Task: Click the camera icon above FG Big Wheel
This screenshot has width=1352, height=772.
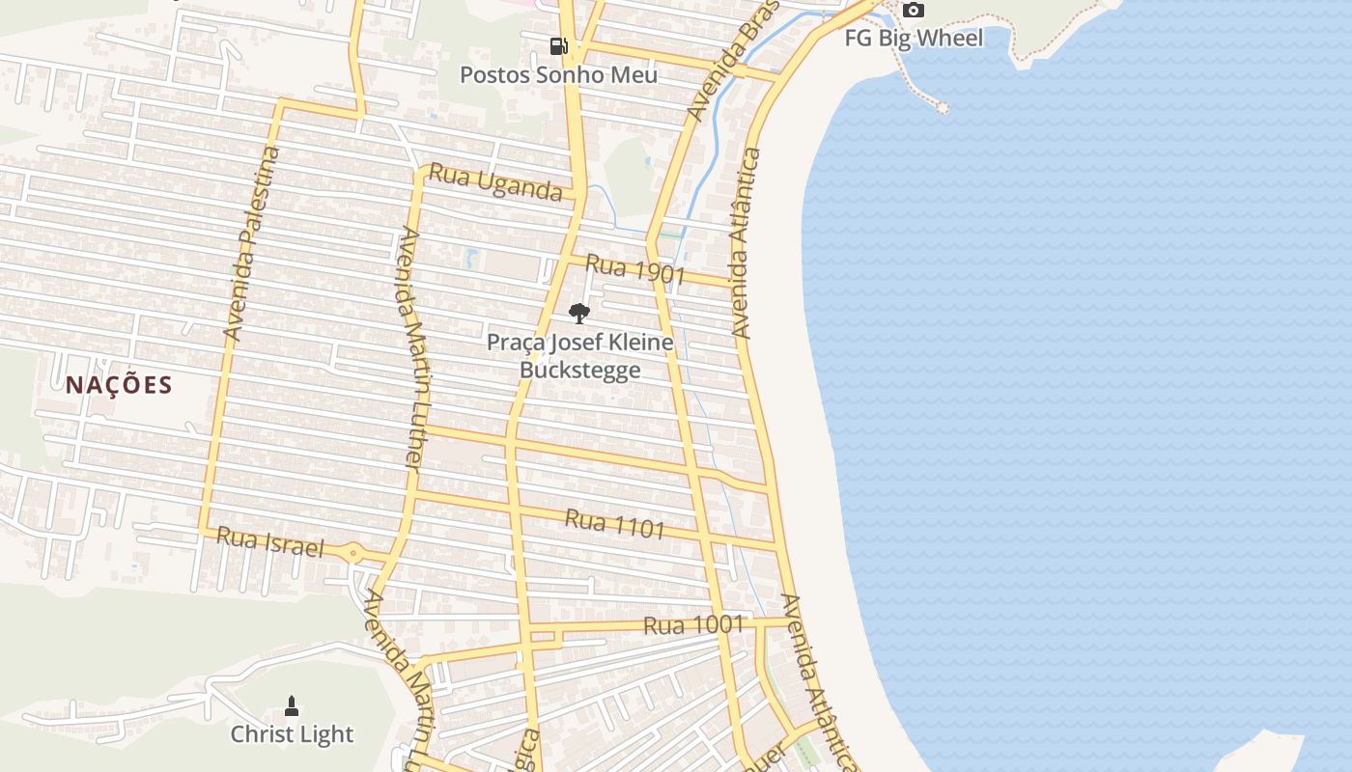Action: (913, 11)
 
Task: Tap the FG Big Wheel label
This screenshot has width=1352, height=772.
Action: (914, 39)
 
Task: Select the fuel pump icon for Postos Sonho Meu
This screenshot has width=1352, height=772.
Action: (558, 46)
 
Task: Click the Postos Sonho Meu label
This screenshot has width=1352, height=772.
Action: (558, 74)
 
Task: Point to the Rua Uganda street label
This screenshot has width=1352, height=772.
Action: (495, 181)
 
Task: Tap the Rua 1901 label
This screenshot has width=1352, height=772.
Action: (635, 270)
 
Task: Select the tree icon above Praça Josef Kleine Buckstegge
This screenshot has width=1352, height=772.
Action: (578, 313)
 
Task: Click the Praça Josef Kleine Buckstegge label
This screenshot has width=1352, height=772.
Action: (579, 355)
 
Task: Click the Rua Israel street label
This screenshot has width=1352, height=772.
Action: (269, 542)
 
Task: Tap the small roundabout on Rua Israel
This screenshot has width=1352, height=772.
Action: (353, 554)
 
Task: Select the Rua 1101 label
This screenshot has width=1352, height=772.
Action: (615, 523)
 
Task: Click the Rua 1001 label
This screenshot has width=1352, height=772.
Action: (693, 625)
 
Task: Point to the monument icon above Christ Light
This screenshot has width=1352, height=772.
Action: (292, 706)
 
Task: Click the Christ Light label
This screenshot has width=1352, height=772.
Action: (292, 734)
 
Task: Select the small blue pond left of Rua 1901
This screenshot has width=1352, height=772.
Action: (471, 258)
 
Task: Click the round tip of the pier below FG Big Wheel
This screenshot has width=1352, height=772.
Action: (943, 108)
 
